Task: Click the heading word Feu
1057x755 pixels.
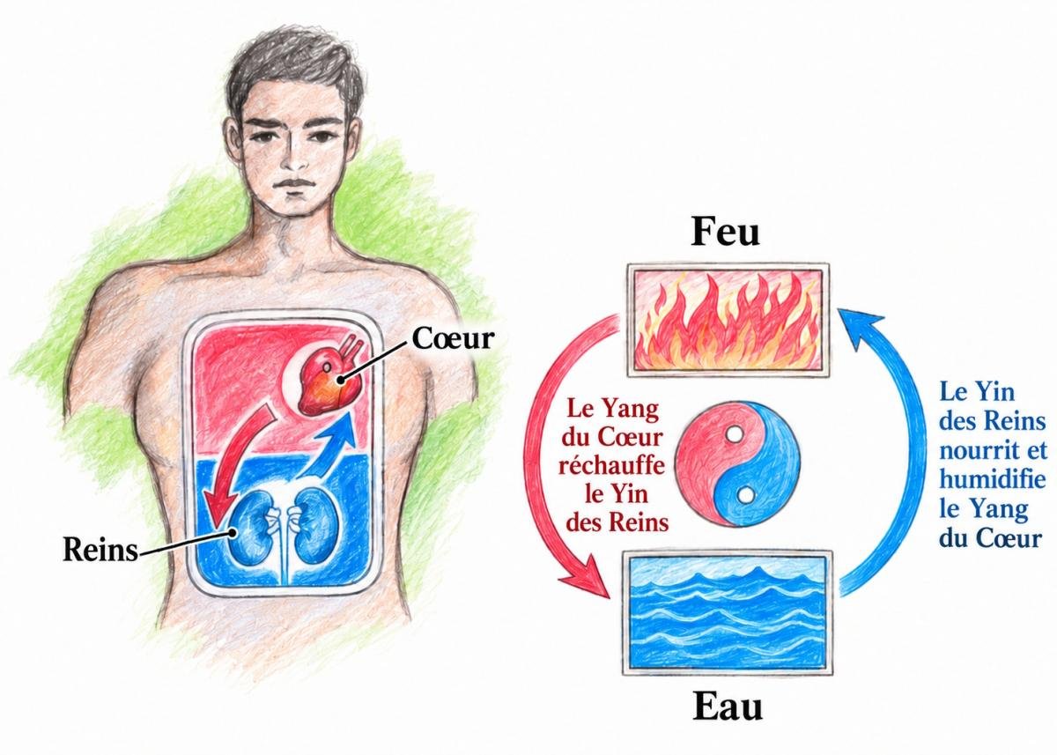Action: coord(725,233)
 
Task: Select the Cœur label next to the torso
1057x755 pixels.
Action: coord(453,338)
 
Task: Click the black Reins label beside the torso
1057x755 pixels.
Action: coord(100,550)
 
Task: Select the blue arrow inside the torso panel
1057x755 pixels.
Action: coord(330,448)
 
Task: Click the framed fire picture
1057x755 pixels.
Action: coord(728,320)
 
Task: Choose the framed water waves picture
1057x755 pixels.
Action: coord(728,612)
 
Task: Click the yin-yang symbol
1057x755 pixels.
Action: coord(737,464)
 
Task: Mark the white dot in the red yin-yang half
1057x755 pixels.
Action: coord(733,433)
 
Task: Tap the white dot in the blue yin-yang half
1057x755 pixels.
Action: coord(745,495)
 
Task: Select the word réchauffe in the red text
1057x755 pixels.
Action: coord(611,466)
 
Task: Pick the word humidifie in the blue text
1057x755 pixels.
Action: coord(992,479)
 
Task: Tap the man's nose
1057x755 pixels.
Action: coord(296,156)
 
